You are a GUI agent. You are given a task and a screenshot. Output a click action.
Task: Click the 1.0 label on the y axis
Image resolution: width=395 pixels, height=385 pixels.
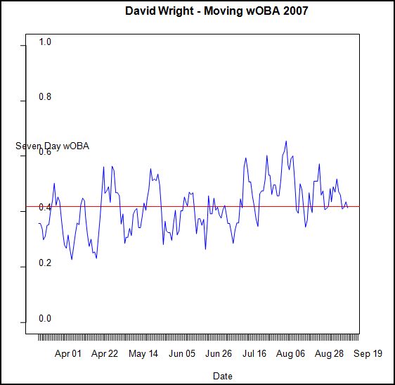(x=46, y=42)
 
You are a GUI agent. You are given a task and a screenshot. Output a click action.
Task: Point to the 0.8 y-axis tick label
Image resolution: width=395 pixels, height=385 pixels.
(x=46, y=97)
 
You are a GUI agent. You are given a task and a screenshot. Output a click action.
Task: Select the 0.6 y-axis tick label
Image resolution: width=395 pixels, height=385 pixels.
(x=46, y=152)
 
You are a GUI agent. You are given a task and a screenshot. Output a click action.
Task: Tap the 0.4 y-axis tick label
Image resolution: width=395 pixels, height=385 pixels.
(x=46, y=208)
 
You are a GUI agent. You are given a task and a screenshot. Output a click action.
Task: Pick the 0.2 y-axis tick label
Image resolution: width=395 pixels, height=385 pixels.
(x=46, y=263)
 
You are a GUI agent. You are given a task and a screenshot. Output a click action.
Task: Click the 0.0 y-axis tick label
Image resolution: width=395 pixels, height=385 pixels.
(x=46, y=318)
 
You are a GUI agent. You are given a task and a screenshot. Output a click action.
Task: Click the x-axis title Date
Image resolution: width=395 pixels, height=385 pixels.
(x=222, y=376)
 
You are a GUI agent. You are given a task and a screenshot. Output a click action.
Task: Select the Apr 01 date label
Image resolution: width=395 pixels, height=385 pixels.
(x=68, y=354)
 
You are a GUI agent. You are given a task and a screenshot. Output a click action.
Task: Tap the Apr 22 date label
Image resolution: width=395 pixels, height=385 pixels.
(x=105, y=354)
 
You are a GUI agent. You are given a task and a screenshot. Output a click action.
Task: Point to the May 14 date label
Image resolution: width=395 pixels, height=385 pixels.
(x=143, y=354)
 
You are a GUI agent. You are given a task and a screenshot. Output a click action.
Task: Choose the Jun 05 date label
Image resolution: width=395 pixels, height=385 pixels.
(x=182, y=354)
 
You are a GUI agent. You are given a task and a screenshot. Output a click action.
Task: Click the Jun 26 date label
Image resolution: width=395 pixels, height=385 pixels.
(x=219, y=354)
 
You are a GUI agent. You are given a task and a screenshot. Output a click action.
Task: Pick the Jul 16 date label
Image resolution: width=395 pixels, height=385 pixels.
(x=254, y=354)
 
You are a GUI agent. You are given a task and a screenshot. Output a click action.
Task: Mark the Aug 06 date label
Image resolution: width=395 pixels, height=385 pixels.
(x=291, y=354)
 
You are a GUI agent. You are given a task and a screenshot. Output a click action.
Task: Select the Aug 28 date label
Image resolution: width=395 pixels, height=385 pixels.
(x=329, y=354)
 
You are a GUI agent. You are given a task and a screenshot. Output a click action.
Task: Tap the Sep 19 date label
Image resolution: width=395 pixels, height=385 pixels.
(x=368, y=354)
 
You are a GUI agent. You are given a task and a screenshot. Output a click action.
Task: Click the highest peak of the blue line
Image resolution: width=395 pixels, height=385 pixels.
(x=286, y=141)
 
